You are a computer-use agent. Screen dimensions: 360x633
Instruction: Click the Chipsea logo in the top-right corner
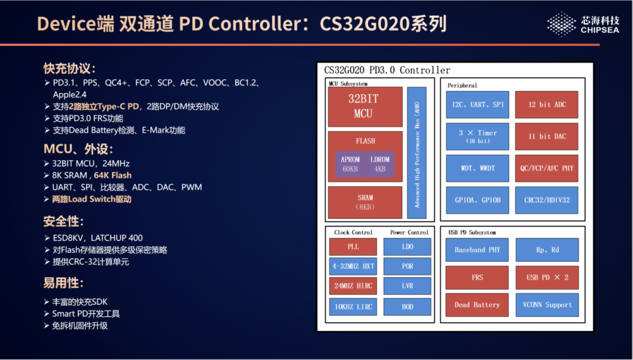[x=584, y=24]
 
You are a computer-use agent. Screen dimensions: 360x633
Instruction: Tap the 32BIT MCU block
[x=363, y=106]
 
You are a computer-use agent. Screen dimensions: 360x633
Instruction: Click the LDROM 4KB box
[x=380, y=164]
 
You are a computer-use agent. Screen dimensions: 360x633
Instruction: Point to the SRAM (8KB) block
[x=365, y=202]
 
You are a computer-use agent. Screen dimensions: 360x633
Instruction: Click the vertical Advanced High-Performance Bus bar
[x=417, y=152]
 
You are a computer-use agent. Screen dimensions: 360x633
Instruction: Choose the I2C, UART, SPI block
[x=477, y=104]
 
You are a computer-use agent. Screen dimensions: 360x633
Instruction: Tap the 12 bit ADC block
[x=546, y=104]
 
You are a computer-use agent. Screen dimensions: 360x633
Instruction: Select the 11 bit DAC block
[x=546, y=136]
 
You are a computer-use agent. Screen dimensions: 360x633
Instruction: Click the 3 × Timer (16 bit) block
[x=477, y=136]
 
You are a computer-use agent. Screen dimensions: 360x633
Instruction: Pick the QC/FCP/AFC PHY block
[x=546, y=168]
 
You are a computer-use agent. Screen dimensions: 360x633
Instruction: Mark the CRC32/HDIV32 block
[x=546, y=200]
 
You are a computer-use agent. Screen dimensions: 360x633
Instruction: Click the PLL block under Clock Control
[x=353, y=247]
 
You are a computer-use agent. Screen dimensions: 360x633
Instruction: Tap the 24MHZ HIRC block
[x=353, y=286]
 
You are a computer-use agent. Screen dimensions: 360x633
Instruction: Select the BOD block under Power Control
[x=407, y=306]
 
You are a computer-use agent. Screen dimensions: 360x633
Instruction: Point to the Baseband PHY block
[x=477, y=250]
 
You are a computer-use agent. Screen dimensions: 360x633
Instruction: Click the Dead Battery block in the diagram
[x=477, y=304]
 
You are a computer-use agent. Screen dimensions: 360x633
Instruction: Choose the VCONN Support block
[x=546, y=304]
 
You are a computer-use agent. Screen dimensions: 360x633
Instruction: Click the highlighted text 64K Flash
[x=113, y=175]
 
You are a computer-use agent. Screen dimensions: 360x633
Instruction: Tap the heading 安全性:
[x=63, y=222]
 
